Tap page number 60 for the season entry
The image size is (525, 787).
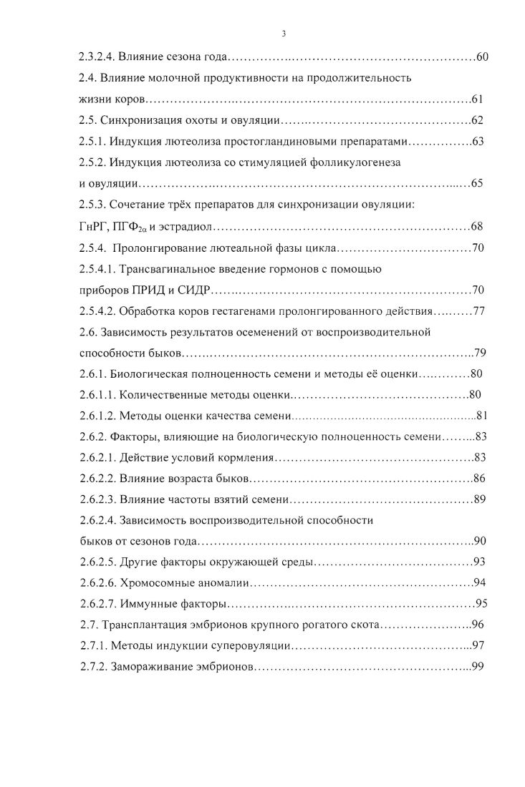pos(482,57)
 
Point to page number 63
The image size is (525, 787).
pos(478,141)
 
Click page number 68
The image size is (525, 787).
pos(478,227)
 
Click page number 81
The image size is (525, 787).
pos(481,416)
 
